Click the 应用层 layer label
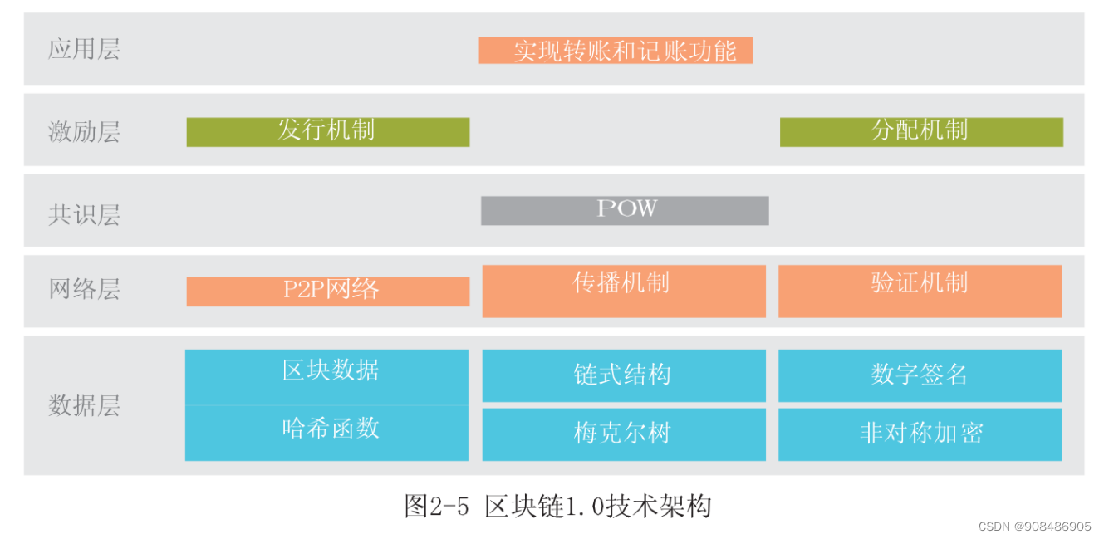click(x=84, y=49)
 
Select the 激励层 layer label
click(x=84, y=131)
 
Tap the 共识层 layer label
click(x=84, y=214)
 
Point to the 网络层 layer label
click(x=84, y=289)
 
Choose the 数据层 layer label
click(x=84, y=405)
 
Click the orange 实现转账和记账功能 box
click(x=616, y=51)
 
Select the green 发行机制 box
click(x=327, y=131)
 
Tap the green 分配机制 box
click(x=920, y=131)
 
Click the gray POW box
click(x=625, y=210)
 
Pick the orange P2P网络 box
click(x=327, y=291)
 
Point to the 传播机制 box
click(x=623, y=291)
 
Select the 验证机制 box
click(x=920, y=291)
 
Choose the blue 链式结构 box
click(x=623, y=375)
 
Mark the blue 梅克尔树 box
click(x=623, y=434)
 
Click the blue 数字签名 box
click(x=920, y=375)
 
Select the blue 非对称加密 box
click(x=920, y=434)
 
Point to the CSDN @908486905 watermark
click(x=1034, y=527)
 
